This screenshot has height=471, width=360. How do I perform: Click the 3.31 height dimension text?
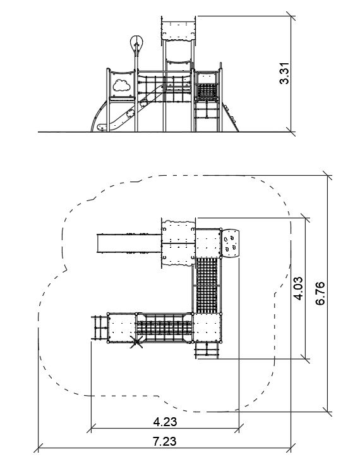tap(284, 73)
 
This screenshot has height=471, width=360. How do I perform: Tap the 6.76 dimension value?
tap(320, 293)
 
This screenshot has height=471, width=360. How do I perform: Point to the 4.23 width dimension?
tap(165, 422)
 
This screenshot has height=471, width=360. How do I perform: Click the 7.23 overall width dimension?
tap(165, 441)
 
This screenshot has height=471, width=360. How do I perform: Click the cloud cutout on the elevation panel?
tap(121, 85)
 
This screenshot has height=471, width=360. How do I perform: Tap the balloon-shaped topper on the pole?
tap(136, 44)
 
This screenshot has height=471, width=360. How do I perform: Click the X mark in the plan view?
tap(136, 342)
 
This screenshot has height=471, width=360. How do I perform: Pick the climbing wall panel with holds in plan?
tap(231, 243)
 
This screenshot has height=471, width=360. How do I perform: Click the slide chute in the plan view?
tap(129, 243)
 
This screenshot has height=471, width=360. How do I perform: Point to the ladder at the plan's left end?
tap(99, 327)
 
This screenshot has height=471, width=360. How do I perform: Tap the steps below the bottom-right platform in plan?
tap(207, 350)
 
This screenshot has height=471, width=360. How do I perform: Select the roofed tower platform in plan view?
tap(179, 243)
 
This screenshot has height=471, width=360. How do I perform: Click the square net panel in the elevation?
tap(207, 92)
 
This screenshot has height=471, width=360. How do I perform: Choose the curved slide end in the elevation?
tap(100, 116)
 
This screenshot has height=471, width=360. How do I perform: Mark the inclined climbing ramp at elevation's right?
tap(231, 117)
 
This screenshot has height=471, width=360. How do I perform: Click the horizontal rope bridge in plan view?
tap(164, 328)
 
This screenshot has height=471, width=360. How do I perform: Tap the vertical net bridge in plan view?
tap(207, 285)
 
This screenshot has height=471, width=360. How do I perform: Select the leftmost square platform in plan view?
tap(121, 328)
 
